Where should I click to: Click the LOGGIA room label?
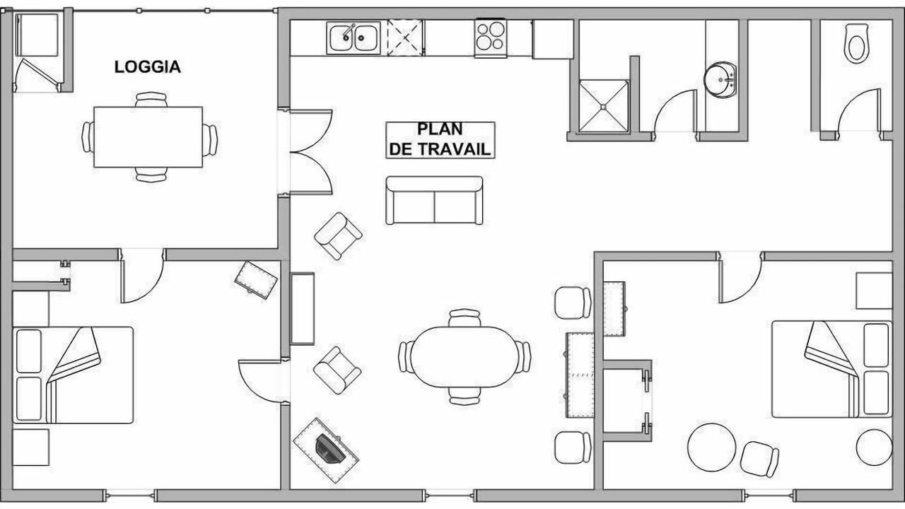148,67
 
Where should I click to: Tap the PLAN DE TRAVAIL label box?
440,140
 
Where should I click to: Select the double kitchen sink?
354,38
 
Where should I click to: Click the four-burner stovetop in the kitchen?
490,38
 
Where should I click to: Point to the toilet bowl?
856,43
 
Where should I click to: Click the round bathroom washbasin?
720,80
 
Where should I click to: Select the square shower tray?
604,106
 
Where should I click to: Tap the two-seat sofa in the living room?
434,200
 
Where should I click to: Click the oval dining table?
465,357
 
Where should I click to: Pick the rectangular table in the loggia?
148,137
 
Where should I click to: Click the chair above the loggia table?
151,100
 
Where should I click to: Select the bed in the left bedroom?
73,375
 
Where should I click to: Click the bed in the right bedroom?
831,369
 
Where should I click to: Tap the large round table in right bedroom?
711,447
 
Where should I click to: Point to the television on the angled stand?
330,450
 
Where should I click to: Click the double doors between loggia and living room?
311,152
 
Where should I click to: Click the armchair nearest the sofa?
338,236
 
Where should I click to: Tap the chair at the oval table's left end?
406,357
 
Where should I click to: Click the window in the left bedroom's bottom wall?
129,496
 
